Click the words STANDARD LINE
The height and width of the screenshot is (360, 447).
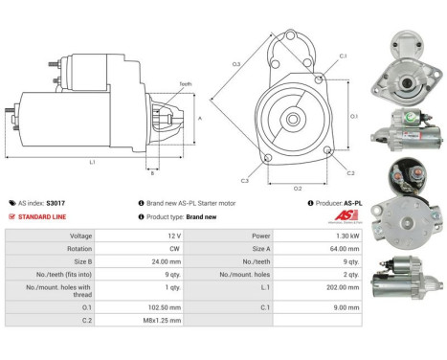(x=42, y=217)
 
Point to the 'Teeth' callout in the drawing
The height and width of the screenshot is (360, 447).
(x=186, y=84)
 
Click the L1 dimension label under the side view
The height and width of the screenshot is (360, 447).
(x=92, y=162)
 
